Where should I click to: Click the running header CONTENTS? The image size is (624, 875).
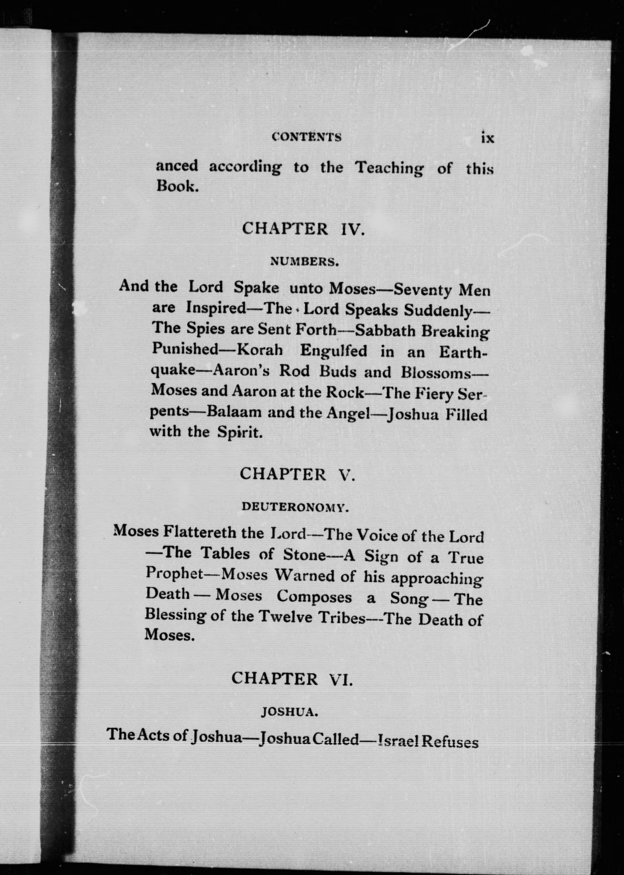click(306, 137)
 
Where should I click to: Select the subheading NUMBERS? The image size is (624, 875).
click(304, 262)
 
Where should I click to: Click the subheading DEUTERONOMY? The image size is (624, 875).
click(295, 507)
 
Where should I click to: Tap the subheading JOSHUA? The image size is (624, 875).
click(289, 712)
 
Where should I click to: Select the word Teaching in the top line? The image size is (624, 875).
click(389, 168)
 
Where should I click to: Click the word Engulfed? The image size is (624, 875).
click(333, 351)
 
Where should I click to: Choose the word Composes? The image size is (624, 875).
click(314, 596)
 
